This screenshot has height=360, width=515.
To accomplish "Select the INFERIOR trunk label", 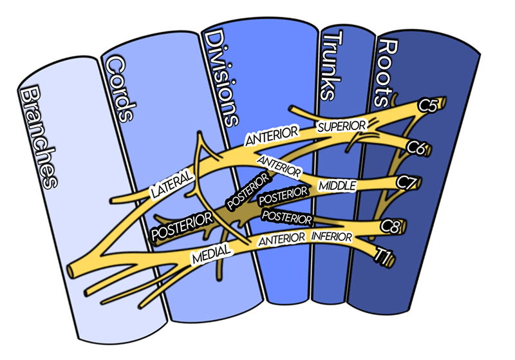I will click(332, 238).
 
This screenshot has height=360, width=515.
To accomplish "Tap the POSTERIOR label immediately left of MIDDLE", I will click(283, 196).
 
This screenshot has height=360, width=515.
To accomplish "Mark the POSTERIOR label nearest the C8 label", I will click(287, 217).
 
